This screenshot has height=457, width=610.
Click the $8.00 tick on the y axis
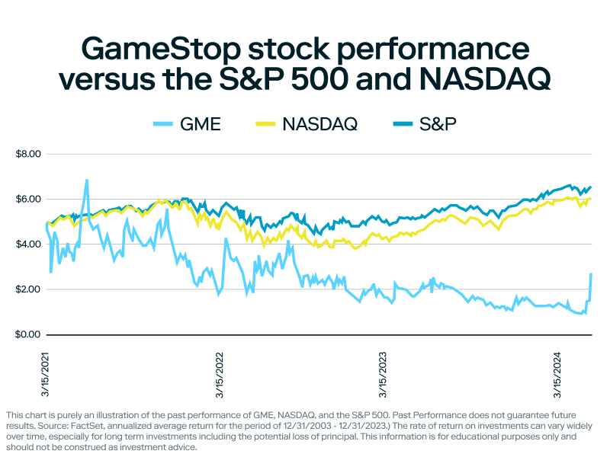[27, 154]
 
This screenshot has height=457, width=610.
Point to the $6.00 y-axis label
[27, 199]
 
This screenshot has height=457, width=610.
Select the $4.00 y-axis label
[27, 244]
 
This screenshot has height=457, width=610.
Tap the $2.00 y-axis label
[27, 289]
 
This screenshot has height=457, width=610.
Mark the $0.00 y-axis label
[27, 335]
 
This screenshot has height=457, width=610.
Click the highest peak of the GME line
[87, 181]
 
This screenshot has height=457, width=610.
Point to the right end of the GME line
[591, 274]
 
